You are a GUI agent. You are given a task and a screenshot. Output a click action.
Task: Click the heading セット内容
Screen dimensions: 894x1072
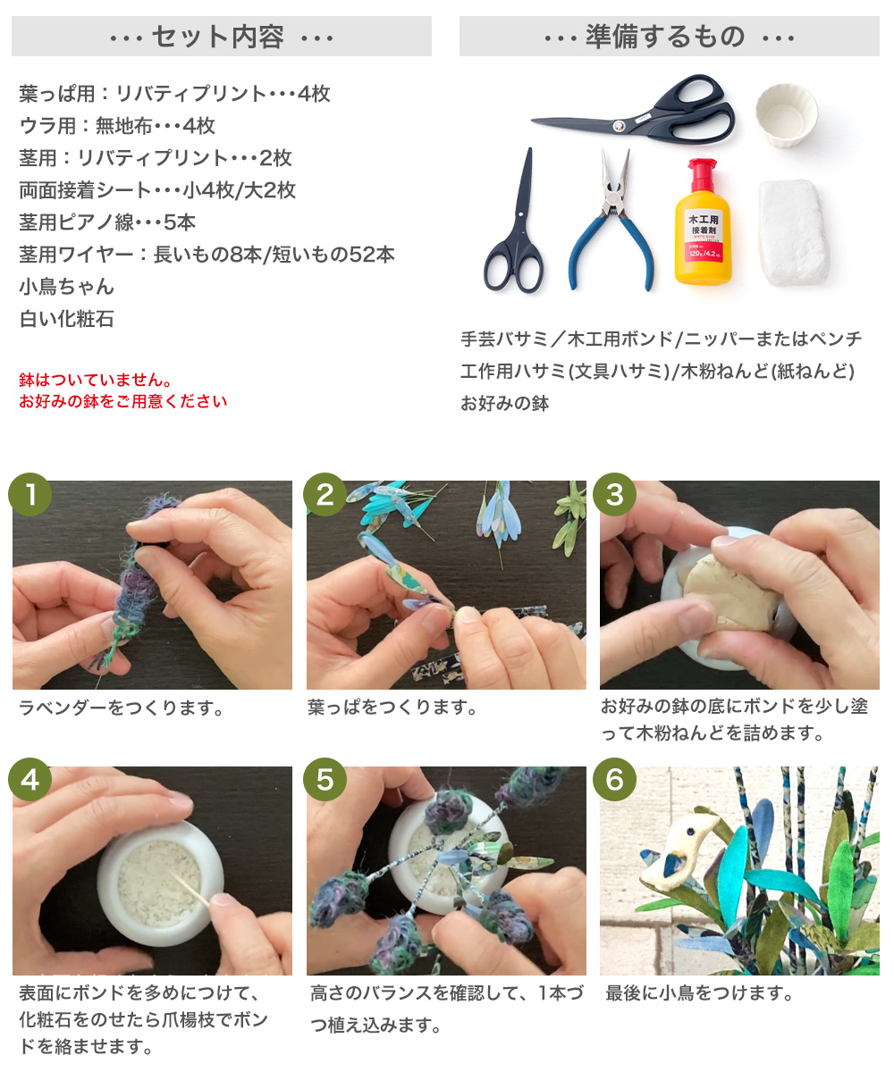(217, 37)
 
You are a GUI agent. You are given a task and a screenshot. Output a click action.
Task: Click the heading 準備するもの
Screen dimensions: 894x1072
(665, 37)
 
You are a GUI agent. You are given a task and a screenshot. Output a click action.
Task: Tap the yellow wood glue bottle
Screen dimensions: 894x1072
(703, 222)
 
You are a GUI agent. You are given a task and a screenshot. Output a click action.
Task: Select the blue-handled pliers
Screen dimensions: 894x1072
(611, 221)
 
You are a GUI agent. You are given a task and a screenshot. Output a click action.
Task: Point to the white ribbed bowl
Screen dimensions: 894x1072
(786, 115)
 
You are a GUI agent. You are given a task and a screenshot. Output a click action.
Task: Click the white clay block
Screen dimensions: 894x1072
(793, 231)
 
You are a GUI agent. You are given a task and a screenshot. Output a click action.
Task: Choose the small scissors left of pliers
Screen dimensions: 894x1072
(515, 221)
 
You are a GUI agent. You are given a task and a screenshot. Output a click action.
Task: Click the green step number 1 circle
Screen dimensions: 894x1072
(30, 494)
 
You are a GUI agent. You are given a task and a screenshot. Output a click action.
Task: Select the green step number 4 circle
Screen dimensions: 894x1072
(30, 779)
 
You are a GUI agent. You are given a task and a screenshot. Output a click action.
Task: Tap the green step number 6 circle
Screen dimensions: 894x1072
(614, 779)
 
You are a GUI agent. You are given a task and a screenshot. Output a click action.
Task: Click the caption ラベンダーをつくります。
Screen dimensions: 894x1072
(122, 708)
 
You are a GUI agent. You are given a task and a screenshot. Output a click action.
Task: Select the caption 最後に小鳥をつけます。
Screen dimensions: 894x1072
(700, 992)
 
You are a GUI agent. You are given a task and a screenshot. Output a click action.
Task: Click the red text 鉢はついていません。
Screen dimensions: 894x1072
(96, 380)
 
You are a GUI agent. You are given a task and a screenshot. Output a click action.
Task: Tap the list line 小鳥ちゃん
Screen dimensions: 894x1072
(66, 287)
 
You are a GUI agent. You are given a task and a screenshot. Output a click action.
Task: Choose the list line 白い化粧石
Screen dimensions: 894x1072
(66, 319)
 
